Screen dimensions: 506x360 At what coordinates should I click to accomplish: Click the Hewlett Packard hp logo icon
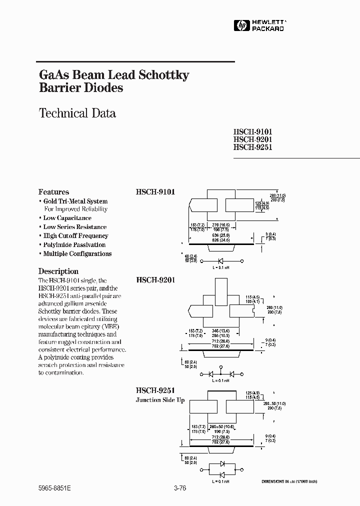click(x=240, y=25)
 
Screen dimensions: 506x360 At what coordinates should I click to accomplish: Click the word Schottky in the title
click(x=163, y=75)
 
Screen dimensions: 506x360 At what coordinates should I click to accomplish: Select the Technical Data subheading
click(x=77, y=113)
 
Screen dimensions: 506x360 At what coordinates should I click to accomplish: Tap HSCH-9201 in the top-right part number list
click(x=252, y=140)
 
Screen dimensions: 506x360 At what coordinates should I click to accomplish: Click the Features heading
click(x=54, y=192)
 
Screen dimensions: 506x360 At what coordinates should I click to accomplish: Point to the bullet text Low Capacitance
click(x=67, y=218)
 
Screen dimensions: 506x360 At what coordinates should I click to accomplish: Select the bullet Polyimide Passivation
click(x=74, y=245)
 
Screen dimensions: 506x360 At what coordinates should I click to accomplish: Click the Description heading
click(x=58, y=271)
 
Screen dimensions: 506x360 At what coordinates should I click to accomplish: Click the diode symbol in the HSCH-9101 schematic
click(x=220, y=261)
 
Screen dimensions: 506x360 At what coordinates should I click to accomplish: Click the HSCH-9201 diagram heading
click(x=155, y=280)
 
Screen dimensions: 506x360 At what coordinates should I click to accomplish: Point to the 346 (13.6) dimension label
click(x=220, y=331)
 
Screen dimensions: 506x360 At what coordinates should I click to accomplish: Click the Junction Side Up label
click(x=160, y=400)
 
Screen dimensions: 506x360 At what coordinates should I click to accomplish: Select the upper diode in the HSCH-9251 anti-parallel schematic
click(x=221, y=463)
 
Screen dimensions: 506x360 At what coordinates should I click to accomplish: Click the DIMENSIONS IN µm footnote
click(x=289, y=481)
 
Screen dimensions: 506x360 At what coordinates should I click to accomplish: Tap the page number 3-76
click(x=179, y=489)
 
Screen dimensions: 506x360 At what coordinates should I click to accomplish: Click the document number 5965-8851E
click(x=54, y=489)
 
